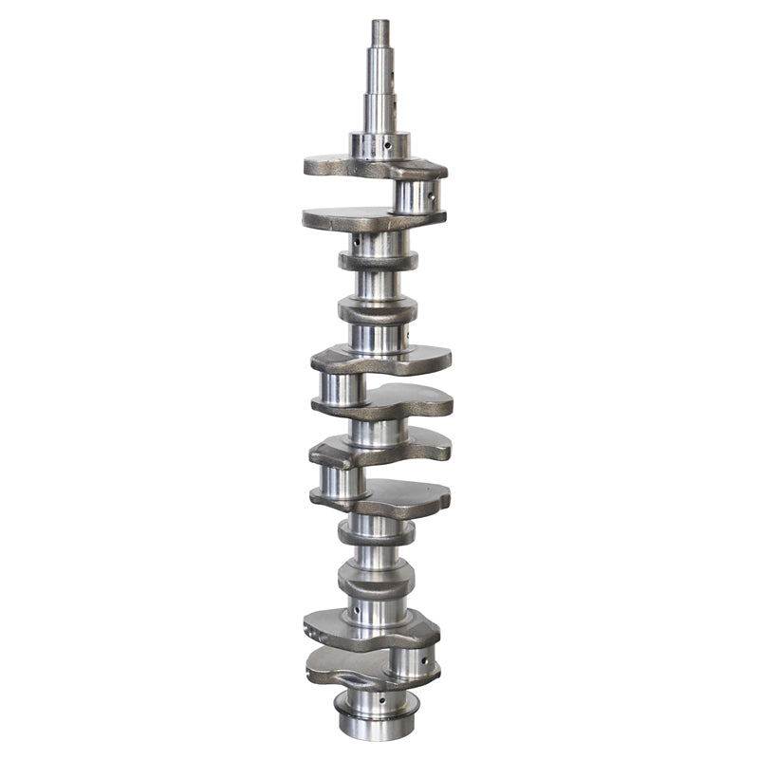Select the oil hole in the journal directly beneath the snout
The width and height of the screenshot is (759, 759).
coord(387,146)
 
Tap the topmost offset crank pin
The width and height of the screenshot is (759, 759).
coord(416,195)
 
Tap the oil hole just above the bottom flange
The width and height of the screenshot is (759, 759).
coord(382,701)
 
